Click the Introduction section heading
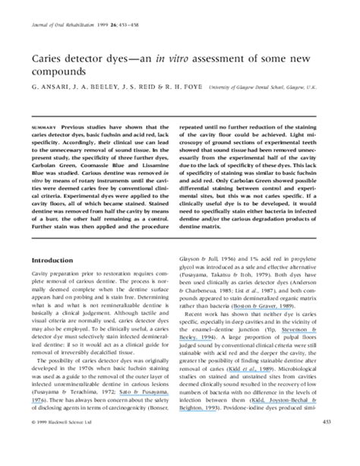(x=56, y=258)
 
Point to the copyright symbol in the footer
(x=33, y=442)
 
